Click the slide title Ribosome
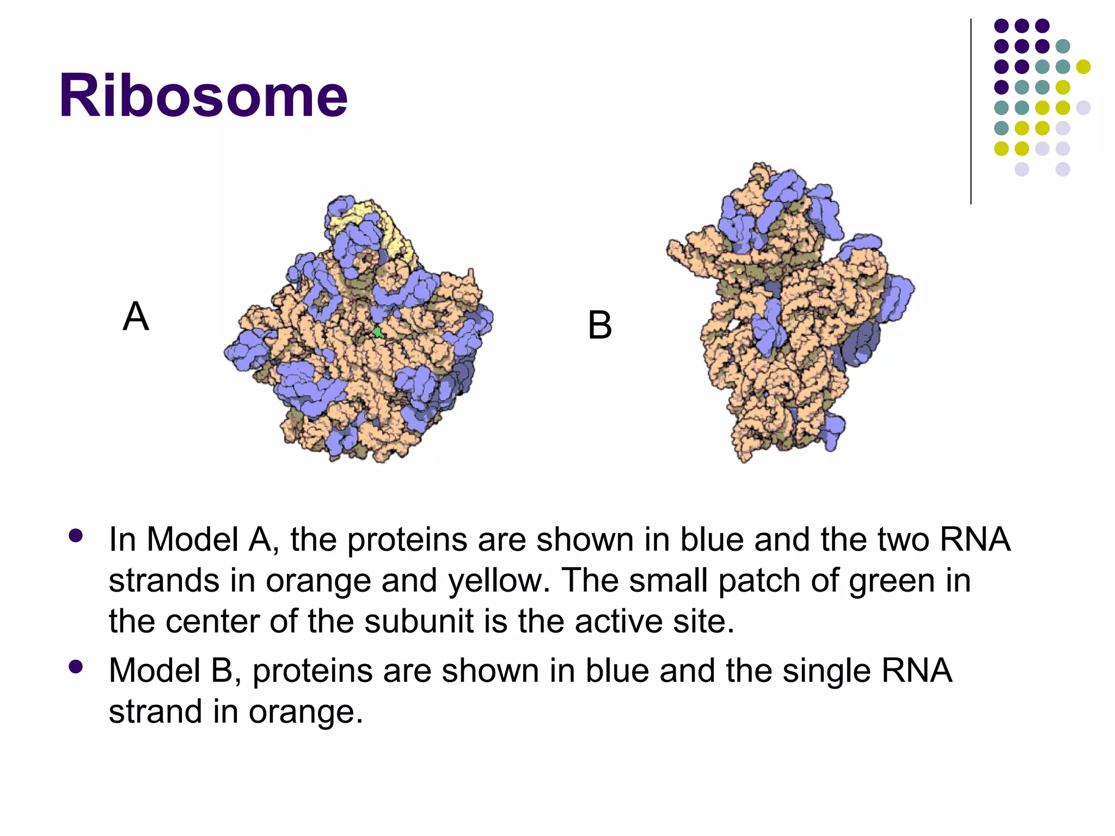(x=203, y=96)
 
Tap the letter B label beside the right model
(x=599, y=325)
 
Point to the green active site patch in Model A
(x=377, y=331)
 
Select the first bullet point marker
(x=76, y=536)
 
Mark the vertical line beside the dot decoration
(x=971, y=112)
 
